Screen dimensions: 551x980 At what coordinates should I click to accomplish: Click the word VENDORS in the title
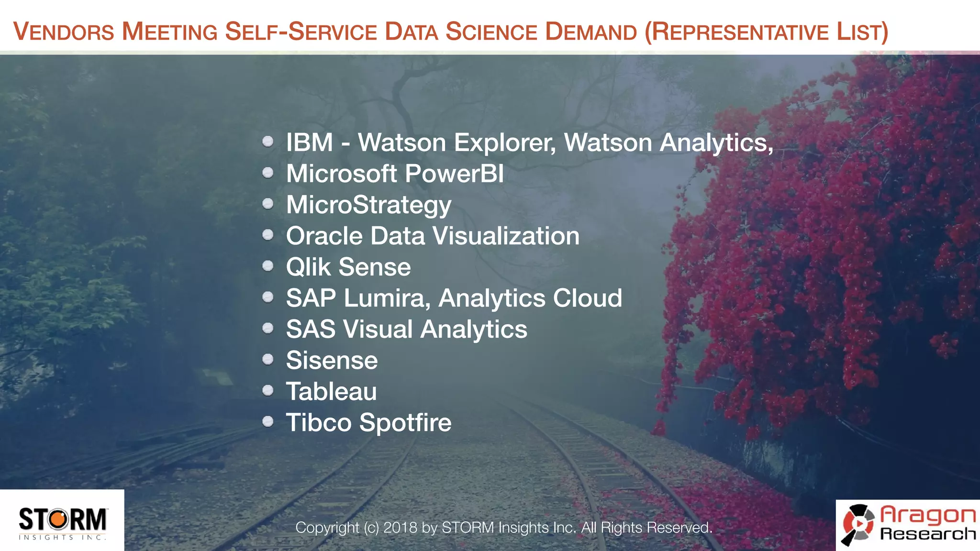tap(64, 32)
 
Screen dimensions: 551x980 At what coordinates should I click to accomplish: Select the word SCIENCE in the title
tap(491, 32)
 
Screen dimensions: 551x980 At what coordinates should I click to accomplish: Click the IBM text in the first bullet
tap(309, 143)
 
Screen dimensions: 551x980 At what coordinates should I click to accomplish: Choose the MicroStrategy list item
tap(368, 205)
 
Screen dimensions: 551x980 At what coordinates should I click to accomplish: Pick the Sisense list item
tap(332, 360)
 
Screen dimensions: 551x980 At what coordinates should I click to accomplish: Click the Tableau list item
tap(331, 391)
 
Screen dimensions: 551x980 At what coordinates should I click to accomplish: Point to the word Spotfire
tap(405, 422)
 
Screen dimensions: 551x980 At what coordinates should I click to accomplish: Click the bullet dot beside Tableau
tap(268, 390)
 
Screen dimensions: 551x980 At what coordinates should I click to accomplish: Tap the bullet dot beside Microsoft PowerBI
tap(268, 173)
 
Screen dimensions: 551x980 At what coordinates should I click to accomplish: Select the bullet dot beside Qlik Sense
tap(268, 266)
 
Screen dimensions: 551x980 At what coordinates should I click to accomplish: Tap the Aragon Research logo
tap(908, 525)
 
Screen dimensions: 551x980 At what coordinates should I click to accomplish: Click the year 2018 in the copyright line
tap(400, 528)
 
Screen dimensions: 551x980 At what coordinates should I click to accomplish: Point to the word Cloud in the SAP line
tap(587, 298)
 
